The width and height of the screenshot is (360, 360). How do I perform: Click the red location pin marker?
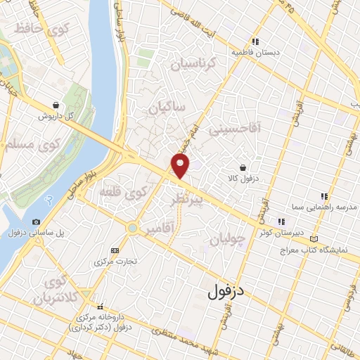[x=181, y=166]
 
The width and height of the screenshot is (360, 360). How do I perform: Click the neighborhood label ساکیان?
[x=167, y=108]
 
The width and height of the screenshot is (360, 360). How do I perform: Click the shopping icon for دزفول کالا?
[x=243, y=168]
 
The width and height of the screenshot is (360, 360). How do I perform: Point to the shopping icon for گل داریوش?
[x=55, y=105]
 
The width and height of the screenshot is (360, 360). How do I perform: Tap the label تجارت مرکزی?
[x=115, y=261]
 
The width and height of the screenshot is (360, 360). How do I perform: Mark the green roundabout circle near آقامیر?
[x=132, y=227]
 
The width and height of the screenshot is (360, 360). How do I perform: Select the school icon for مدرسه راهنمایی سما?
[x=324, y=196]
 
